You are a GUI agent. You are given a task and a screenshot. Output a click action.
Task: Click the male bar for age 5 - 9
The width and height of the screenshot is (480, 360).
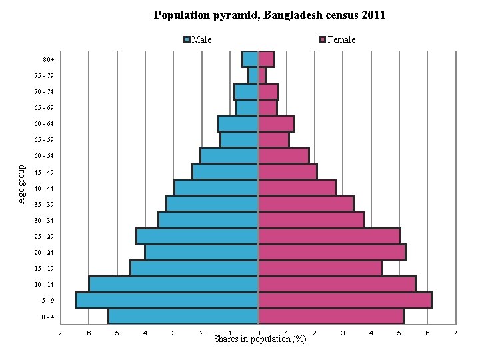tap(167, 300)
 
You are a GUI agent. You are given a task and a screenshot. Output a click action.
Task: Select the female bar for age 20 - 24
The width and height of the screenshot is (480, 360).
tap(332, 252)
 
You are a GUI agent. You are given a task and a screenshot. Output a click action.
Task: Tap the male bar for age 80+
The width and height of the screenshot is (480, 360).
tap(250, 59)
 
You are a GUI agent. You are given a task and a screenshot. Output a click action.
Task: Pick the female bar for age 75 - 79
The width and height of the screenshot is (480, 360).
tap(262, 75)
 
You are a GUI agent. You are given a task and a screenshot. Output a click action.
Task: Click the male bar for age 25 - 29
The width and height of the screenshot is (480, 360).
tap(197, 236)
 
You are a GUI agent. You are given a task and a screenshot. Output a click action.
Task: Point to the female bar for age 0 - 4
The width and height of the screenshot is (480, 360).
tap(331, 316)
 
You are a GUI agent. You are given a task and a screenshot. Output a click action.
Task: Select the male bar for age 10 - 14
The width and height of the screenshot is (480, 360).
tap(173, 284)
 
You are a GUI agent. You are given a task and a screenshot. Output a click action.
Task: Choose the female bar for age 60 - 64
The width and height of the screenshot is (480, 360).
tap(276, 123)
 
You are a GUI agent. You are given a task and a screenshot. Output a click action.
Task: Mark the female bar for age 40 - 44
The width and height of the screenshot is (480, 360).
tap(297, 187)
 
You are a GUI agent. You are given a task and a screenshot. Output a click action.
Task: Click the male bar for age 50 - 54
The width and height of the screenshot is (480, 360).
tap(229, 155)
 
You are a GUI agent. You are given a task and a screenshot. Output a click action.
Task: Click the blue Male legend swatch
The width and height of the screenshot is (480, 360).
tap(187, 39)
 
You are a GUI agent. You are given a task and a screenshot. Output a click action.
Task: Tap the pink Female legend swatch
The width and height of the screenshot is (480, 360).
tap(323, 39)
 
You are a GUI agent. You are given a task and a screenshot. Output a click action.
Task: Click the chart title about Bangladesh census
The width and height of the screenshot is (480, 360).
tap(269, 15)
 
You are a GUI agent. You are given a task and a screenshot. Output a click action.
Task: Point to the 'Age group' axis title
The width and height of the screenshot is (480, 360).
tap(22, 185)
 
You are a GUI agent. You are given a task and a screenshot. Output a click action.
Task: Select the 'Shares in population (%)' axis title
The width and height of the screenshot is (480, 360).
tap(260, 339)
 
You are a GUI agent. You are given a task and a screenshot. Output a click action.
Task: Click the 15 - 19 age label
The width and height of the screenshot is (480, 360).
tap(45, 269)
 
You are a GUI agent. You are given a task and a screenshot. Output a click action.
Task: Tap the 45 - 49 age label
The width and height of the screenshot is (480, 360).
tap(45, 172)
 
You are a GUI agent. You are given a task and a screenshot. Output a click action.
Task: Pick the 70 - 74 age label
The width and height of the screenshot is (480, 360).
tap(45, 91)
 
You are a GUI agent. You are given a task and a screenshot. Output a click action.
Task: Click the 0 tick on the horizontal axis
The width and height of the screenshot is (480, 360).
tap(258, 332)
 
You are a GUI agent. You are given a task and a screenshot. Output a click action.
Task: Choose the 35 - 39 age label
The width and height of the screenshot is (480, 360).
tap(45, 205)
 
